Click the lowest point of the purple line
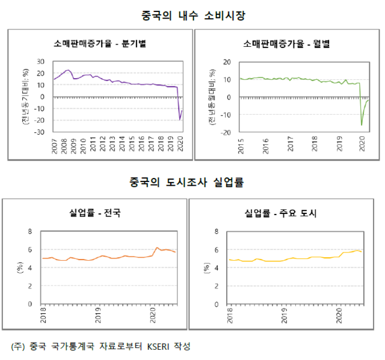click(180, 120)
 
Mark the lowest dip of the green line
click(362, 125)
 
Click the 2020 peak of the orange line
click(157, 248)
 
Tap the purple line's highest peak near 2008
click(67, 70)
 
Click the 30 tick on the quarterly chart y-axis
click(41, 61)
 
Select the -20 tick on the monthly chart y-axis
click(227, 132)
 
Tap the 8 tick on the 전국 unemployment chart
click(31, 231)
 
